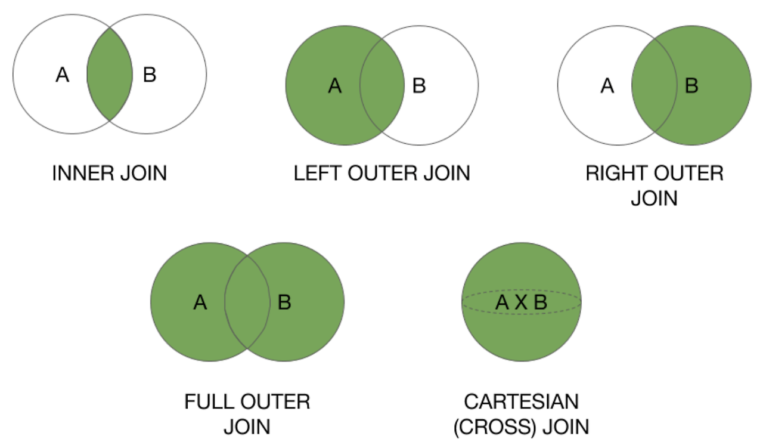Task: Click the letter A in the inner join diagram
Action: click(x=62, y=75)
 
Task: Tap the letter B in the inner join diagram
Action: click(x=150, y=75)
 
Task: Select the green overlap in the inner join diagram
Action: click(x=110, y=75)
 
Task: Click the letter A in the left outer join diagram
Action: click(x=335, y=86)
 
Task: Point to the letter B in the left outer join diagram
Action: click(x=419, y=86)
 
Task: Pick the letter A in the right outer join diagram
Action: click(x=607, y=86)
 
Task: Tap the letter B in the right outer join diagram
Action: click(x=691, y=86)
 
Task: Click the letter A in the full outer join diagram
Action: click(x=200, y=303)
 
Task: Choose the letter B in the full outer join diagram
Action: click(x=284, y=303)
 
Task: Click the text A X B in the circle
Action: click(x=522, y=303)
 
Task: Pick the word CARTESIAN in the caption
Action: click(x=522, y=401)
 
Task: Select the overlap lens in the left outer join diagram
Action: click(x=381, y=86)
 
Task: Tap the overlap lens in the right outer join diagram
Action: click(x=654, y=86)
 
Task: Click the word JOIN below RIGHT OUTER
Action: click(x=654, y=197)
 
